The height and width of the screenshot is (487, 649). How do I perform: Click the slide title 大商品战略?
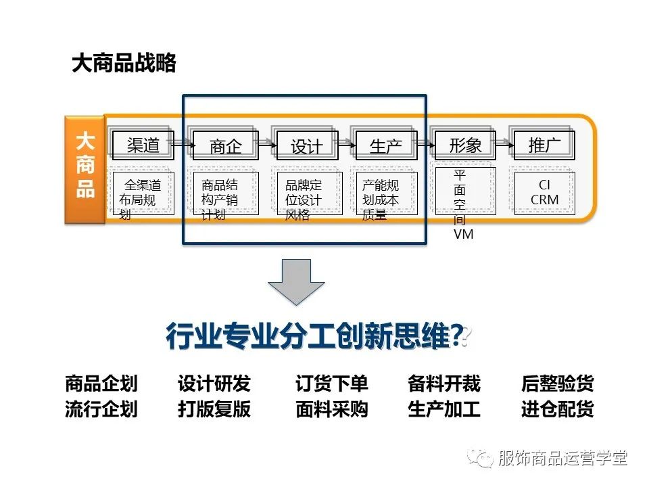click(x=124, y=64)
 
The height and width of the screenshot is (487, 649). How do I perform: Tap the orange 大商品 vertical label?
click(x=85, y=169)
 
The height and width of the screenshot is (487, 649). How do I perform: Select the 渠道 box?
click(x=143, y=144)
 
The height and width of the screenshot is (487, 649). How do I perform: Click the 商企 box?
click(x=225, y=146)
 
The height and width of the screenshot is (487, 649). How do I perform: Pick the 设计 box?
click(x=306, y=146)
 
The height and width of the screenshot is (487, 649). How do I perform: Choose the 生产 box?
click(x=386, y=146)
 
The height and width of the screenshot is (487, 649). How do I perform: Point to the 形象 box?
click(x=465, y=144)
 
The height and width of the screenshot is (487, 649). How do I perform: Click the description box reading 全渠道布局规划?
click(x=143, y=194)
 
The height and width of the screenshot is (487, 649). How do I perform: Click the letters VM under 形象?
click(x=464, y=234)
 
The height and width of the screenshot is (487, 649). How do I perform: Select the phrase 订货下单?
click(x=332, y=384)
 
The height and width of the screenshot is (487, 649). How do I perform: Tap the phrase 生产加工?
click(x=444, y=409)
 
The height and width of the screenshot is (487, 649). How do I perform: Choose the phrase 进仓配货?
click(x=558, y=409)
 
